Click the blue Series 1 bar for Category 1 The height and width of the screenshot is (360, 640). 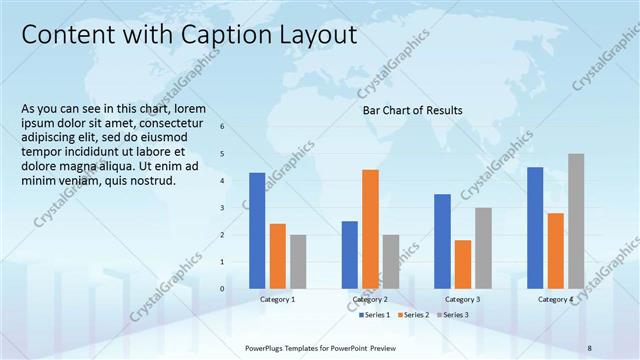[257, 230]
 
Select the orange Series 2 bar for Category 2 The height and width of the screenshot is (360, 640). [370, 228]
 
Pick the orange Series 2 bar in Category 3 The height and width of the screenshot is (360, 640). [462, 263]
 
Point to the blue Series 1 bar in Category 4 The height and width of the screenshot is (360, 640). [535, 227]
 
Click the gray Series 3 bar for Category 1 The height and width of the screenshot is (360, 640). [298, 261]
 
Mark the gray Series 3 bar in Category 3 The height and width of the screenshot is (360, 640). [483, 247]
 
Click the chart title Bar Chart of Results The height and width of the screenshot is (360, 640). [412, 110]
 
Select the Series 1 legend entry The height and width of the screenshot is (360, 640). [375, 315]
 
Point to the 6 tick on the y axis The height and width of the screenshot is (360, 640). [221, 126]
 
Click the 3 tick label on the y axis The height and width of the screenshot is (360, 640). [221, 208]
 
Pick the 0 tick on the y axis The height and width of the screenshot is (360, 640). [221, 289]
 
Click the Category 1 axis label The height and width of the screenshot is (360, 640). [277, 300]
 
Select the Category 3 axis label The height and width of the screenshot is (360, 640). [462, 300]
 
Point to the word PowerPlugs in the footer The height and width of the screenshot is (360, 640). [266, 346]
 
